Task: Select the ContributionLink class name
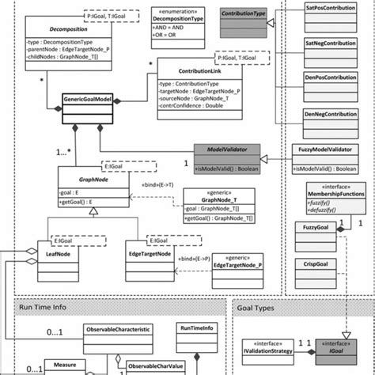[x=187, y=69]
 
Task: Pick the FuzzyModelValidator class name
[x=324, y=148]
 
